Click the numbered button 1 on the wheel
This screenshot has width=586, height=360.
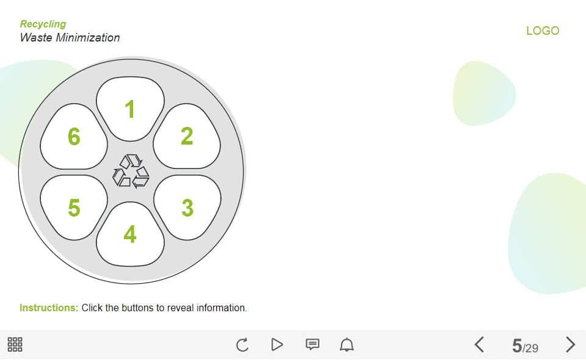click(130, 109)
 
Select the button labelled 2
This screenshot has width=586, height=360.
click(187, 136)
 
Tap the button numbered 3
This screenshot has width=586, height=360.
click(187, 207)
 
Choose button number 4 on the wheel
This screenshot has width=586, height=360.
click(130, 234)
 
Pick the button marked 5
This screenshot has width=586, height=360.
click(74, 207)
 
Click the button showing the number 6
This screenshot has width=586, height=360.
click(74, 136)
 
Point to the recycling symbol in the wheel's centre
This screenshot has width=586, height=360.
click(131, 171)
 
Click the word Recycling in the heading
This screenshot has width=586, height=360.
click(43, 24)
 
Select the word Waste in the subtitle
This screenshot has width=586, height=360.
click(36, 37)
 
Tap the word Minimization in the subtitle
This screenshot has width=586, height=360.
click(88, 37)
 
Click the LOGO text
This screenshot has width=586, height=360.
click(543, 31)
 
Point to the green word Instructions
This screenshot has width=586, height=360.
click(49, 308)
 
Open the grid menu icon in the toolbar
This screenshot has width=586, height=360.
click(15, 344)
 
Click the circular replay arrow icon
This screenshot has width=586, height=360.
click(242, 345)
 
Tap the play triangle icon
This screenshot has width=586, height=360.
click(277, 344)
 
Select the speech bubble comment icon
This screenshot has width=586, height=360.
click(313, 344)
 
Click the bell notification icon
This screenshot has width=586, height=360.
click(347, 344)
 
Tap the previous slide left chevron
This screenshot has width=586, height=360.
click(480, 344)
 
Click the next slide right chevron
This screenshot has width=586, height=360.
click(570, 344)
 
